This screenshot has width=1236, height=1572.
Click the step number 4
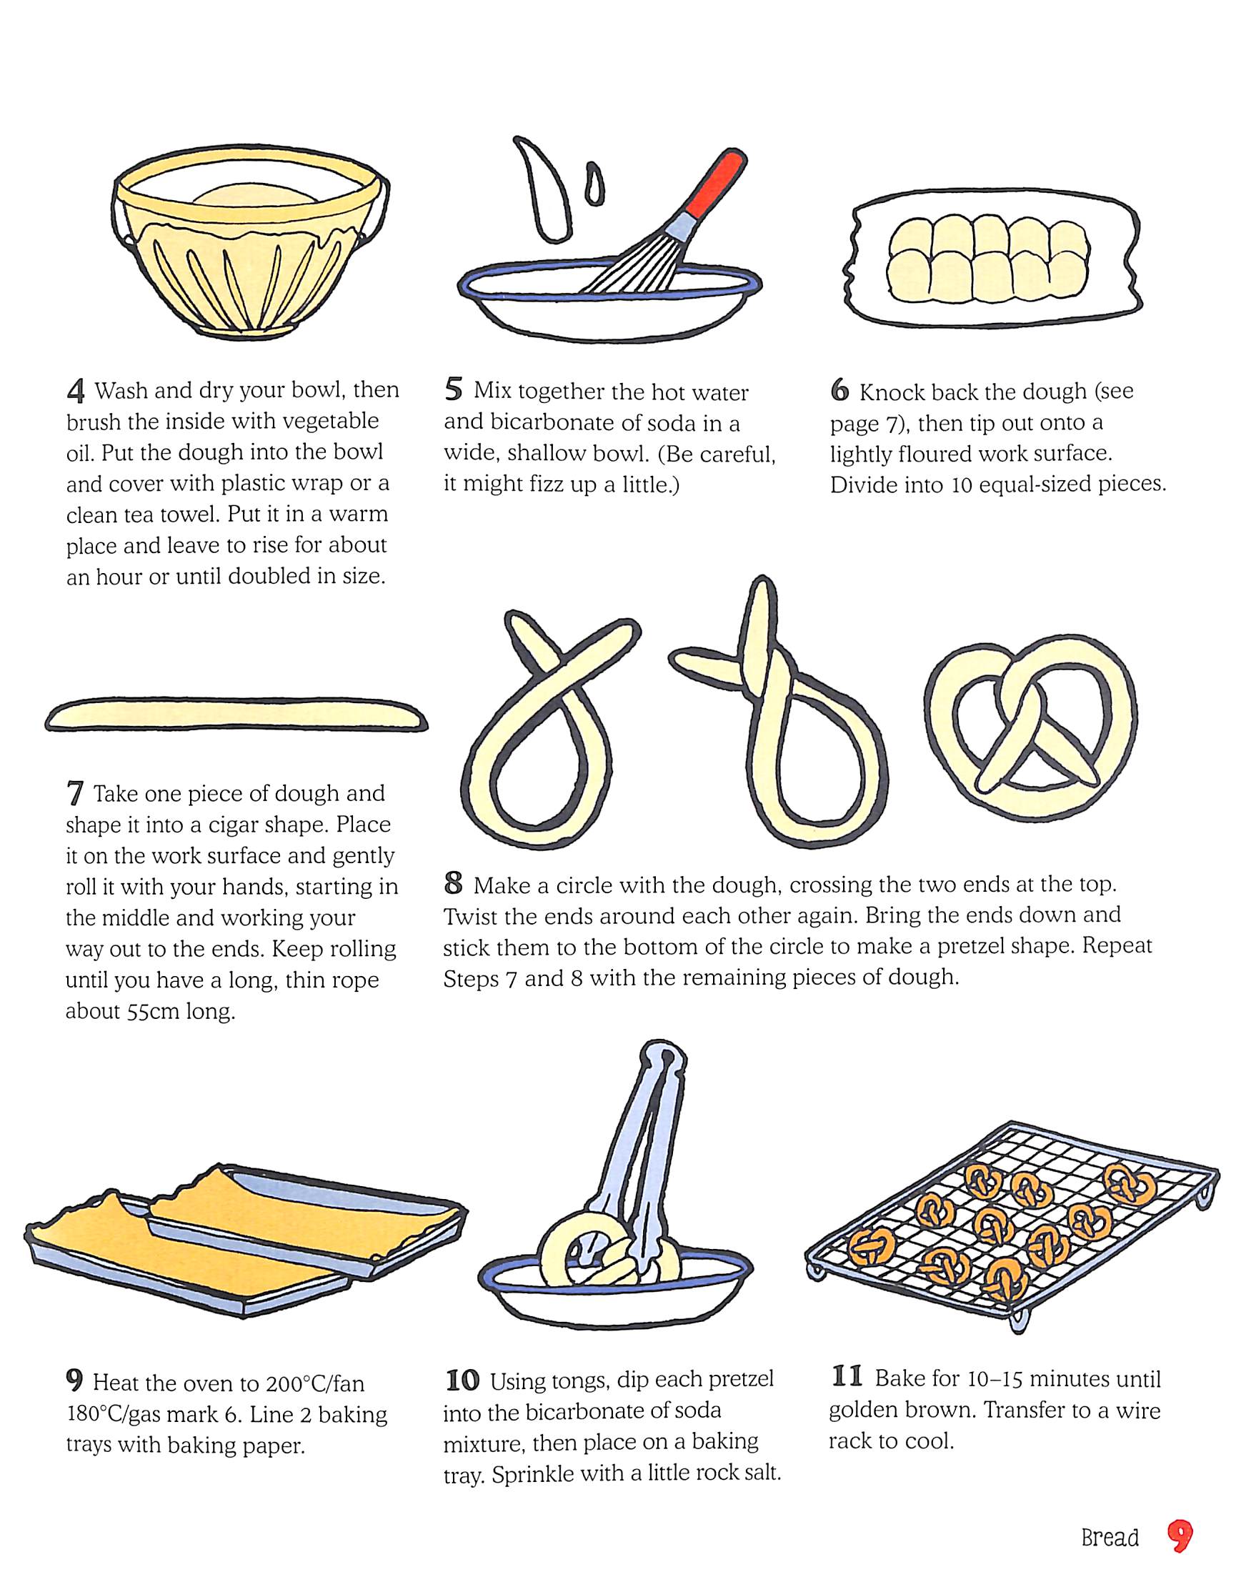click(x=76, y=392)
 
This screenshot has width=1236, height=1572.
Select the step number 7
click(x=74, y=794)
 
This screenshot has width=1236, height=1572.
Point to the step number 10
click(x=462, y=1381)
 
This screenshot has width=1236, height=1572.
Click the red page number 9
click(x=1180, y=1536)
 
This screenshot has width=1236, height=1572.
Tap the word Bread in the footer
click(x=1110, y=1537)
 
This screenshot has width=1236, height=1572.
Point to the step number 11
click(x=847, y=1376)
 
